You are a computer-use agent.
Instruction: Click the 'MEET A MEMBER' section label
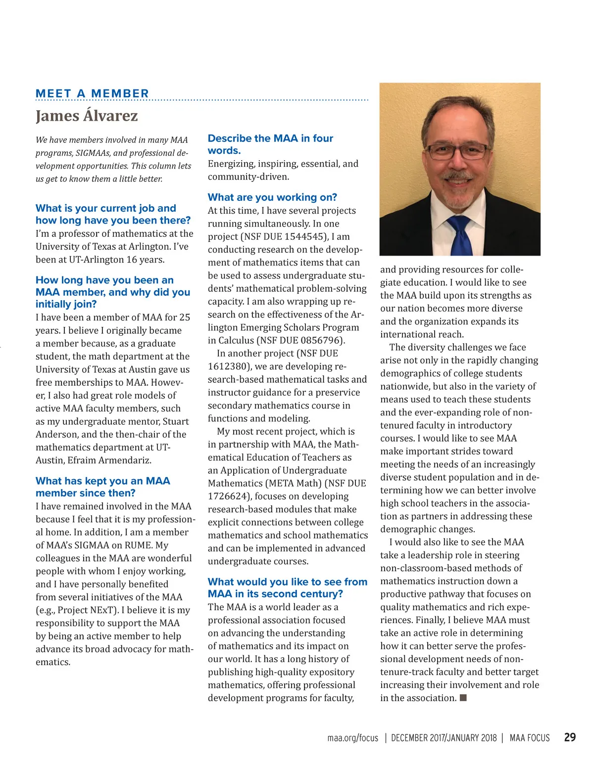[x=92, y=93]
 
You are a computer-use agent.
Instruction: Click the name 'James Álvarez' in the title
[x=87, y=116]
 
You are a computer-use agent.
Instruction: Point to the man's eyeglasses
[x=457, y=150]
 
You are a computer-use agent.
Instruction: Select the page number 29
[x=570, y=737]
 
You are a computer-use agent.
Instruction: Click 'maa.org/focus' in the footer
[x=352, y=738]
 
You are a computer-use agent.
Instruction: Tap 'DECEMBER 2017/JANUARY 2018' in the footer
[x=444, y=738]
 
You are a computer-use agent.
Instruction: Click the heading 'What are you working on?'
[x=272, y=197]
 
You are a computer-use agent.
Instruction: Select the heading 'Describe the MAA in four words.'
[x=270, y=144]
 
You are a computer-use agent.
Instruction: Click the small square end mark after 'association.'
[x=463, y=698]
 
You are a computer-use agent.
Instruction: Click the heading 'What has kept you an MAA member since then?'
[x=102, y=487]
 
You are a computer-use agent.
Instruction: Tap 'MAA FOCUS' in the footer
[x=529, y=738]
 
